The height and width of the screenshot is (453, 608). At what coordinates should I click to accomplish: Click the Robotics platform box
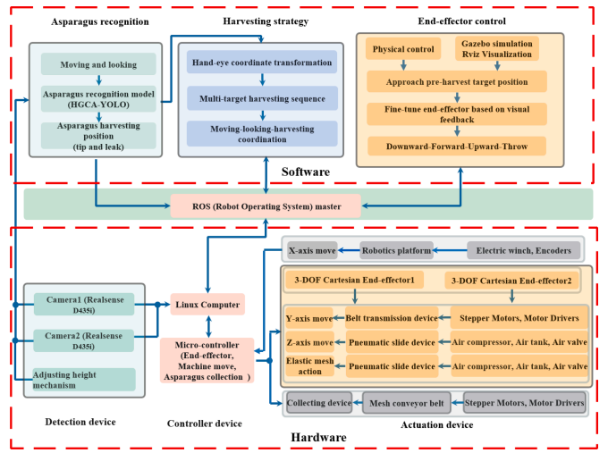pyautogui.click(x=397, y=251)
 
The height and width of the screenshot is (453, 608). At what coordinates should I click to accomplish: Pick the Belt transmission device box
pyautogui.click(x=392, y=318)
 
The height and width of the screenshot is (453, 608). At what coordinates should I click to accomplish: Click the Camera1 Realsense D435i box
pyautogui.click(x=83, y=305)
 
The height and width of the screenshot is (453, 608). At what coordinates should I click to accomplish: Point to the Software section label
pyautogui.click(x=304, y=171)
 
